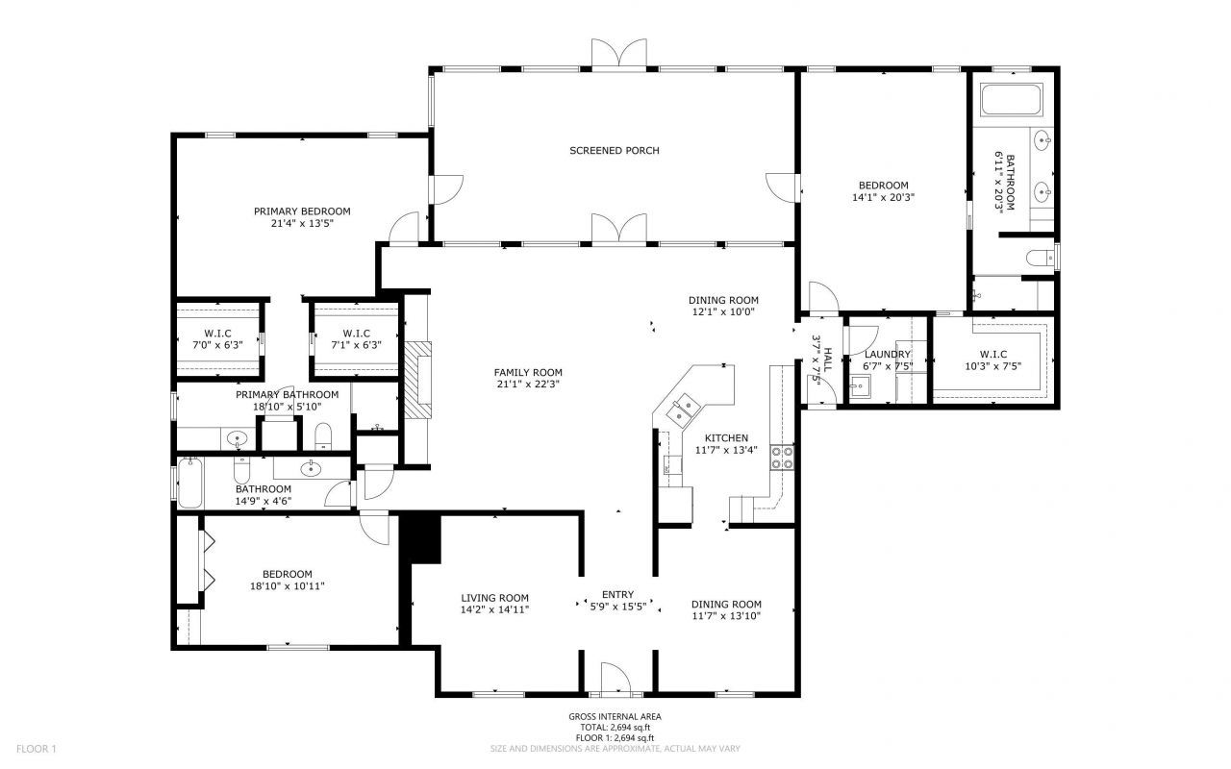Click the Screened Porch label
pyautogui.click(x=614, y=150)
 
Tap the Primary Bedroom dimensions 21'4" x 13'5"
pyautogui.click(x=302, y=224)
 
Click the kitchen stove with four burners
pyautogui.click(x=782, y=457)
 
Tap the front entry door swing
pyautogui.click(x=614, y=678)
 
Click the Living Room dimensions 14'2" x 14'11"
pyautogui.click(x=494, y=609)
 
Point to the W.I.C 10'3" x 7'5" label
pyautogui.click(x=993, y=360)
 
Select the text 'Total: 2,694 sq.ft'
pyautogui.click(x=615, y=728)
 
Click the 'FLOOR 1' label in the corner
pyautogui.click(x=38, y=748)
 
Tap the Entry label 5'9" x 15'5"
pyautogui.click(x=617, y=600)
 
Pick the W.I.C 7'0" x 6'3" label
pyautogui.click(x=218, y=339)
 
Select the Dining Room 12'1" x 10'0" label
pyautogui.click(x=723, y=306)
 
